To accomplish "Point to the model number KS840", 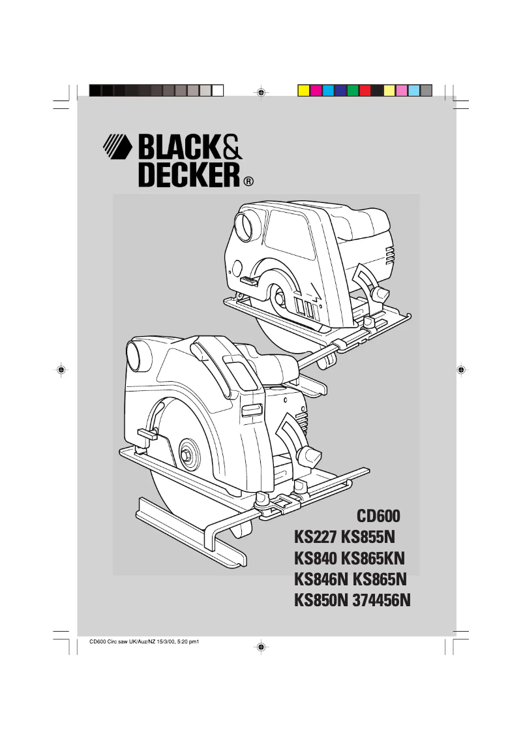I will (316, 559).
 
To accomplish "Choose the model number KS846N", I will (321, 579).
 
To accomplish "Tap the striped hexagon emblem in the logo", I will (117, 147).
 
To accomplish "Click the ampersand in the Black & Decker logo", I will (231, 147).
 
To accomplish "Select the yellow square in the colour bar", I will (303, 90).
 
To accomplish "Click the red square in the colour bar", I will (365, 90).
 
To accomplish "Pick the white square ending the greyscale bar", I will (218, 90).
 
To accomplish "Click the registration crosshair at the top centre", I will (260, 93).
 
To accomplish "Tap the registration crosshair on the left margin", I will (61, 370).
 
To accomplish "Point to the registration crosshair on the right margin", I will (460, 370).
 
